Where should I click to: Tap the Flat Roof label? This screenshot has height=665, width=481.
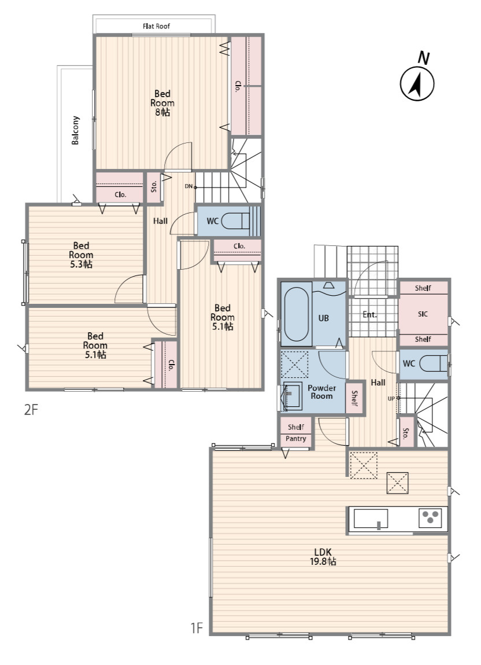(156, 26)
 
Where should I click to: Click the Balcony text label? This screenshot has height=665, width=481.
(75, 130)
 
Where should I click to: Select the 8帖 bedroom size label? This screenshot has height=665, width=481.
(162, 112)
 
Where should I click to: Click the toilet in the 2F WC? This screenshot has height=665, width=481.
(236, 221)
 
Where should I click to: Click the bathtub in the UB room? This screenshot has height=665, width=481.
(296, 314)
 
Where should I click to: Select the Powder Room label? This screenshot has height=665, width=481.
(321, 392)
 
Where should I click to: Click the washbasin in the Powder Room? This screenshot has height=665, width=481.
(292, 396)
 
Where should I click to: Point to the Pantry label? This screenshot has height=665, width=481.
(296, 439)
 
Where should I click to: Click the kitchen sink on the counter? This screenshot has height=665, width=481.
(371, 519)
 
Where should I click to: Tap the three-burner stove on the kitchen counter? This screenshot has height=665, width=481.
(431, 518)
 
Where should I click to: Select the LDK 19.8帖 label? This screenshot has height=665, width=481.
(323, 556)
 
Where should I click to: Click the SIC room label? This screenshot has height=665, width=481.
(423, 314)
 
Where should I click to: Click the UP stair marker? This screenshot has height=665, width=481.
(391, 398)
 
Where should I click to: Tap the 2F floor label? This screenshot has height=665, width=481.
(31, 410)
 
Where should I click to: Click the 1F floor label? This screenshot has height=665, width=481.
(197, 628)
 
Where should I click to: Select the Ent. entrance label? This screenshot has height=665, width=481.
(369, 315)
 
